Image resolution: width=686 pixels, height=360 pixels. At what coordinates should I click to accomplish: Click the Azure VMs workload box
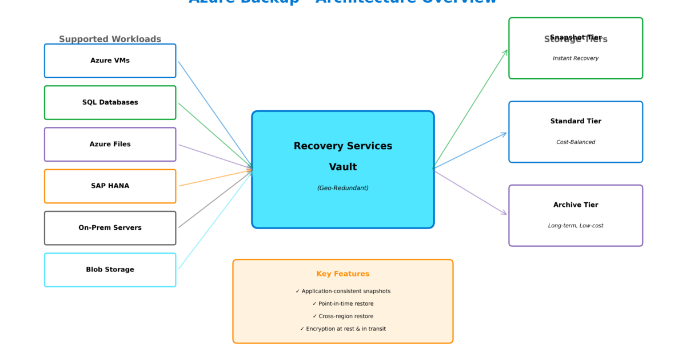click(110, 61)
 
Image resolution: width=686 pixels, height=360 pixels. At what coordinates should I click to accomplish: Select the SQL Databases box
click(110, 102)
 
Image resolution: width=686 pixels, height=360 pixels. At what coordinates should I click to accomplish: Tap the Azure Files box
click(110, 145)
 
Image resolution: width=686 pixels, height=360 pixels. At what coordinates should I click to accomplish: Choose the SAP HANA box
click(110, 186)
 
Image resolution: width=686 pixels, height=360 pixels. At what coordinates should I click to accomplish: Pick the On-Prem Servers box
click(110, 228)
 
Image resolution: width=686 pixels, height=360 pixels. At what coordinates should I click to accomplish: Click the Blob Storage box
click(110, 270)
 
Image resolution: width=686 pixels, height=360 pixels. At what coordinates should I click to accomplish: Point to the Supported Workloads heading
click(110, 39)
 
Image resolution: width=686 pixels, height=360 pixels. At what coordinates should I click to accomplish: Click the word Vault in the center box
click(343, 167)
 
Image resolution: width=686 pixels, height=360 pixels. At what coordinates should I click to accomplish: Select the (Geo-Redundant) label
click(343, 188)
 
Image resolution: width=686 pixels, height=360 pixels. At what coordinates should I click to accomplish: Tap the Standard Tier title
click(576, 121)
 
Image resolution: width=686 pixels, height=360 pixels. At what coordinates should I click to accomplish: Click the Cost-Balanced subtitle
click(576, 142)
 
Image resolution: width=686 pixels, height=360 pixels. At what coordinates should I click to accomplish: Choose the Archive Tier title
click(576, 205)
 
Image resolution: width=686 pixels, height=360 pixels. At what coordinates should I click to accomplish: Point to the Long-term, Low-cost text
click(576, 226)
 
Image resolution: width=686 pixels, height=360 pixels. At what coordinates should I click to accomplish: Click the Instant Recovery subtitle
click(576, 58)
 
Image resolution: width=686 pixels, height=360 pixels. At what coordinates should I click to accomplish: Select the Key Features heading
click(343, 274)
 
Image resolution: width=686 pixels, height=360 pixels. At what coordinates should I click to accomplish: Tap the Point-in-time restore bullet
click(343, 304)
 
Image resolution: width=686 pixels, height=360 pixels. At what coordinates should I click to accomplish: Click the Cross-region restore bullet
click(343, 317)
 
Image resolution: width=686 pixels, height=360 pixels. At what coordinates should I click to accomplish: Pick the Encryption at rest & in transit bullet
click(343, 329)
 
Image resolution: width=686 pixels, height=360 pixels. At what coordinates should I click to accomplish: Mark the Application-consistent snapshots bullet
click(343, 291)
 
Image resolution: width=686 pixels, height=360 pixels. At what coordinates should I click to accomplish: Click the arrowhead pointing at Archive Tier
click(505, 214)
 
